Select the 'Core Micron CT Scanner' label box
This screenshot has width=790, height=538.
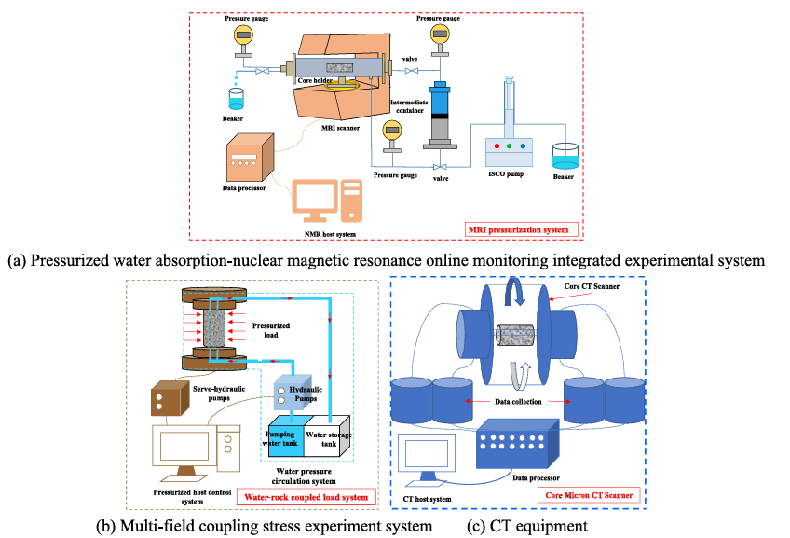591,496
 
